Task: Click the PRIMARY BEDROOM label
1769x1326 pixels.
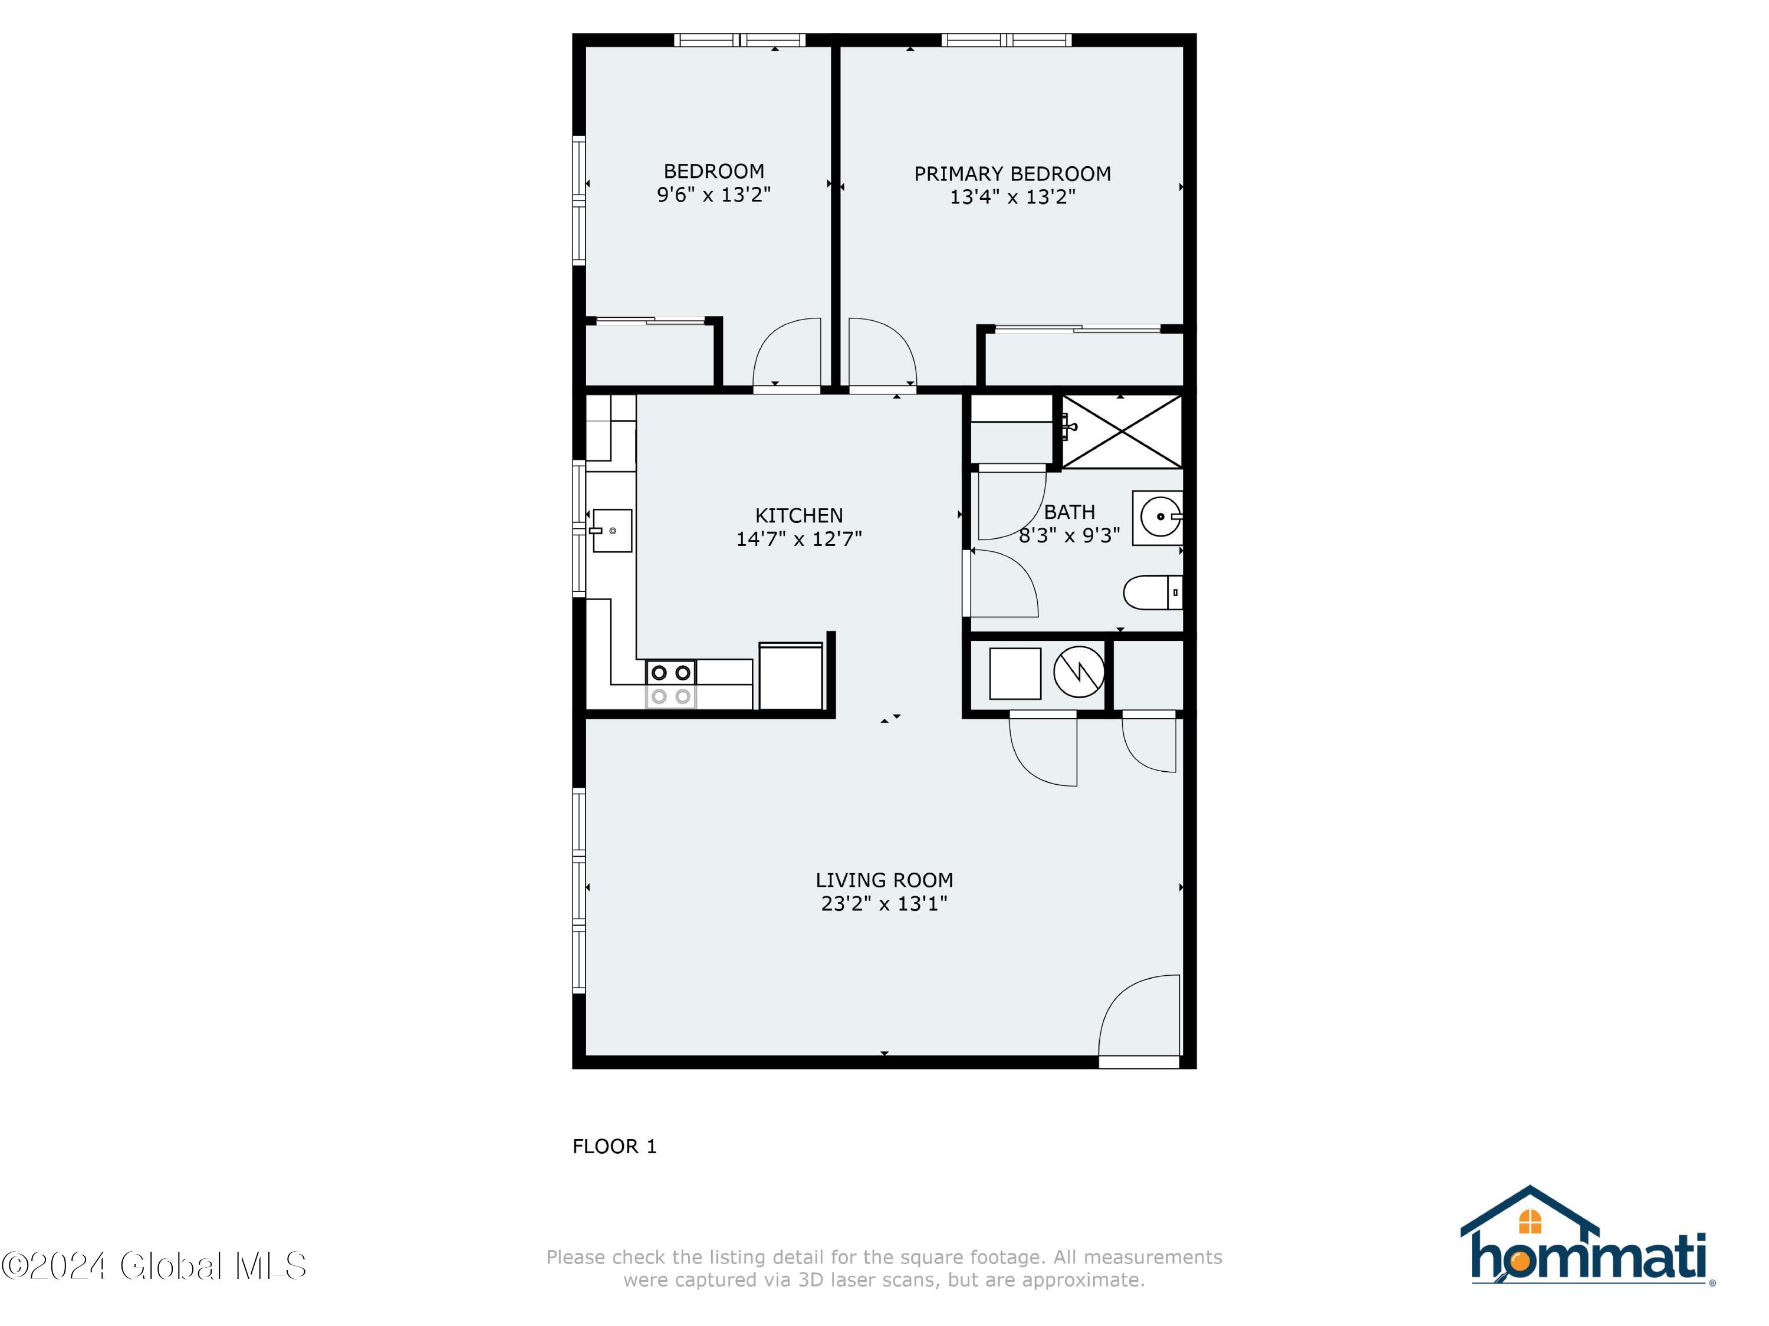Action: pos(1012,173)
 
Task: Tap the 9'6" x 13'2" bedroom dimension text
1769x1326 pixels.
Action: pos(713,195)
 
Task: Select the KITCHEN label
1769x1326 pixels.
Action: pos(798,515)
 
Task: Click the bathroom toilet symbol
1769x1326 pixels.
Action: pos(1152,593)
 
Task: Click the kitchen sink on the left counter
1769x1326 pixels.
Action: pos(611,530)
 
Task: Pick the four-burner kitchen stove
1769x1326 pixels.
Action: pos(670,684)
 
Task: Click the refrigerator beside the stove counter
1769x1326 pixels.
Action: pos(790,676)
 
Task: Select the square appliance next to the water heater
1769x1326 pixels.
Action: pos(1014,674)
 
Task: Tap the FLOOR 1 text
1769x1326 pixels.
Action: pos(614,1146)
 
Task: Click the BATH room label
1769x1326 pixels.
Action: pos(1068,512)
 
